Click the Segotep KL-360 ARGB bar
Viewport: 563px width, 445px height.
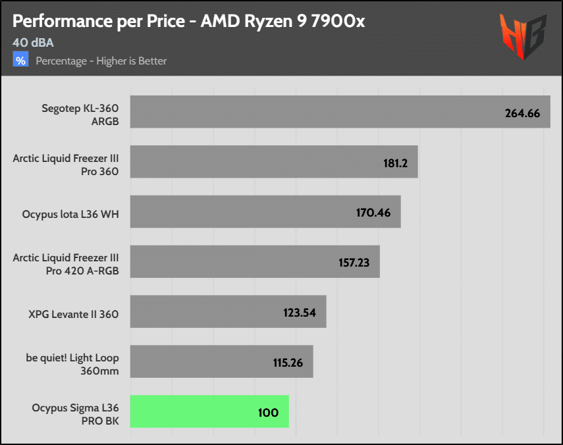[340, 112]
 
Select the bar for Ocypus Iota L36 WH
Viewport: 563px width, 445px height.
[265, 212]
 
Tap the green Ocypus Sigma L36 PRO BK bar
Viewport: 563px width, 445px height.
[209, 411]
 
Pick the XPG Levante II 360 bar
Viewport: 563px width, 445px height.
[228, 312]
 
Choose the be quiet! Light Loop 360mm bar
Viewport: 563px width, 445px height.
[221, 362]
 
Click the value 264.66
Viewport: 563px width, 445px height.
[522, 113]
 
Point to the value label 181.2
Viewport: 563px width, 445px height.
[396, 163]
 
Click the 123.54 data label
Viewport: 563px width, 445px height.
[300, 313]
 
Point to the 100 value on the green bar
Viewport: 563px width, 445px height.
[269, 413]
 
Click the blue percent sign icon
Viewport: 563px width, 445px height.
[21, 61]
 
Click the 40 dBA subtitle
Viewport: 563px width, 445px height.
[33, 43]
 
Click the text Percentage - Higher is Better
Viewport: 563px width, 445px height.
[101, 61]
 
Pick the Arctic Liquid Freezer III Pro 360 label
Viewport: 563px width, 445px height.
[66, 165]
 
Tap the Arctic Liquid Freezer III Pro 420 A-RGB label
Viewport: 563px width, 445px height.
[66, 264]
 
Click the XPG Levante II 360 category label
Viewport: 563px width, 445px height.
[73, 314]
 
